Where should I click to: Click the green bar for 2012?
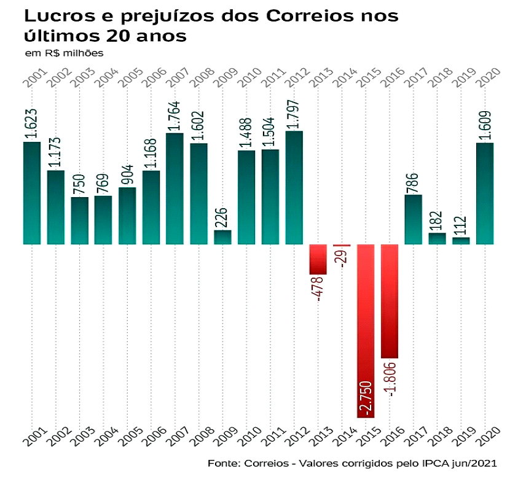294,187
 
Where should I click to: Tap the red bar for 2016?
390,301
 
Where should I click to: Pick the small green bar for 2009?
222,237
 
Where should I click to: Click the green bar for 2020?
485,193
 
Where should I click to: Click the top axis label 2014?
342,80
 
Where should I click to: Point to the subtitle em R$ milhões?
64,53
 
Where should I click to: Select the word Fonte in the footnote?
222,462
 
